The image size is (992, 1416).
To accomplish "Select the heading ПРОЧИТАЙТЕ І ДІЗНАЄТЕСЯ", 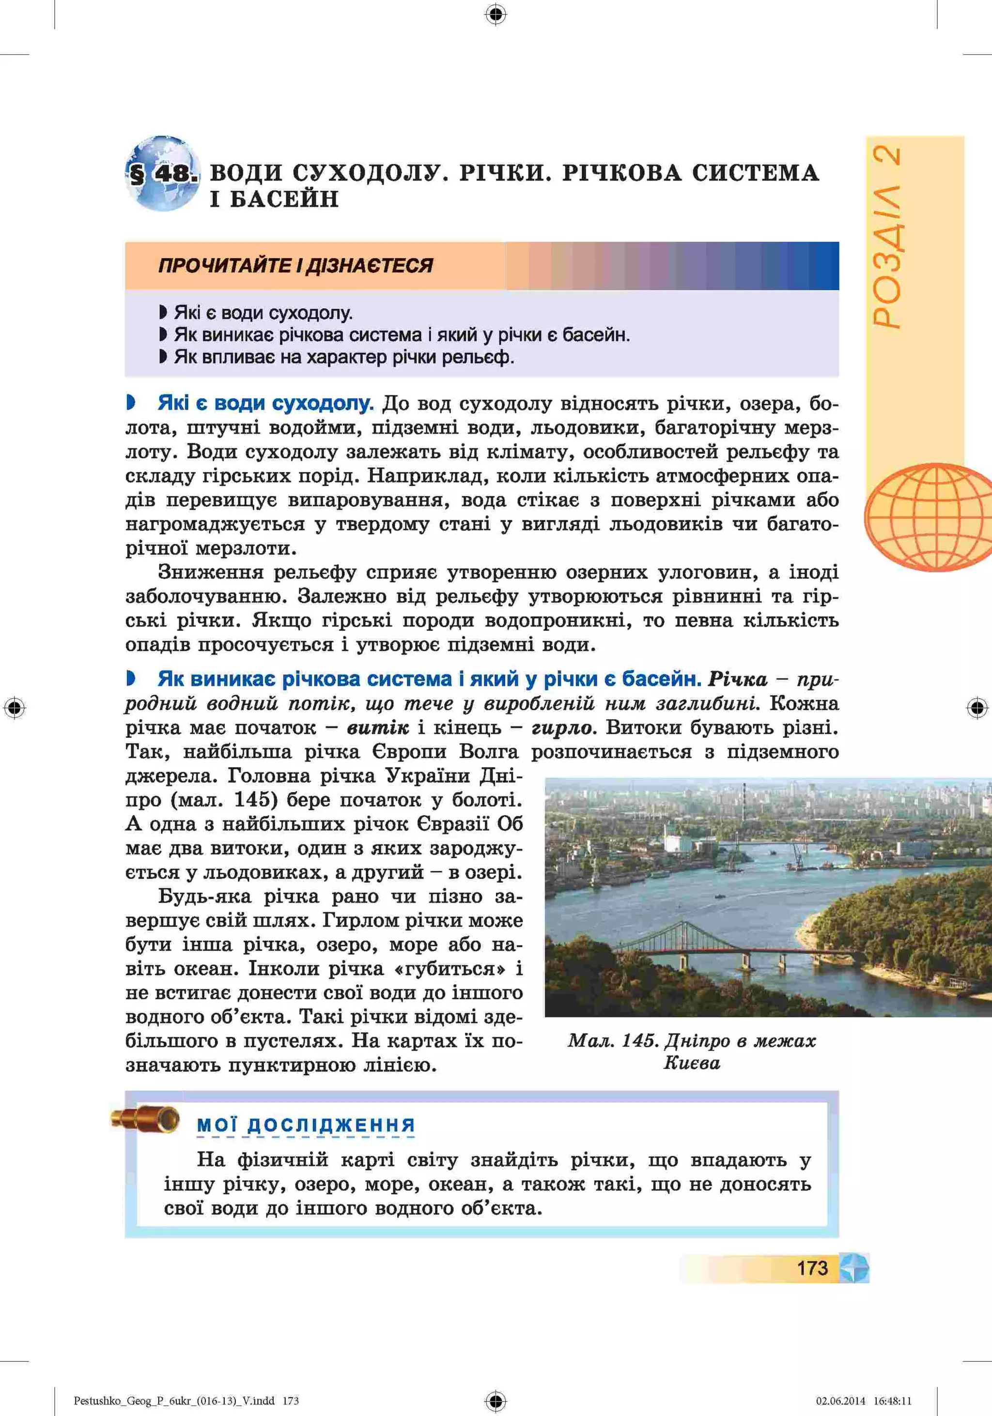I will (295, 266).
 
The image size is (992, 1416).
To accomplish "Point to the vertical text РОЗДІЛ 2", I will (888, 237).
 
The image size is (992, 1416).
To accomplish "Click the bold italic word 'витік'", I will (377, 728).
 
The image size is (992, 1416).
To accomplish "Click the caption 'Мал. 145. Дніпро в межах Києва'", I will (692, 1051).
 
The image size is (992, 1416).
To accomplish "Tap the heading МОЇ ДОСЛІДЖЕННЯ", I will (306, 1125).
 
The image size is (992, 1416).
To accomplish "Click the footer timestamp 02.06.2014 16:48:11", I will (863, 1401).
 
